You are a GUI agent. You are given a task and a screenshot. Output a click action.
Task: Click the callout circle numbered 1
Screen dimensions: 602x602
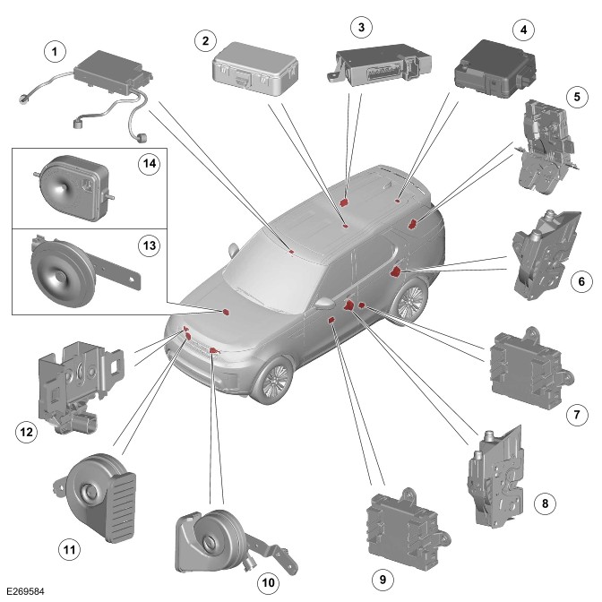pos(56,52)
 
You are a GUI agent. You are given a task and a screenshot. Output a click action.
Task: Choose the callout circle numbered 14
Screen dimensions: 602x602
pos(147,163)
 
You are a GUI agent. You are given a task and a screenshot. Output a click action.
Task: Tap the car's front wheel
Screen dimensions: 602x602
pos(273,381)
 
